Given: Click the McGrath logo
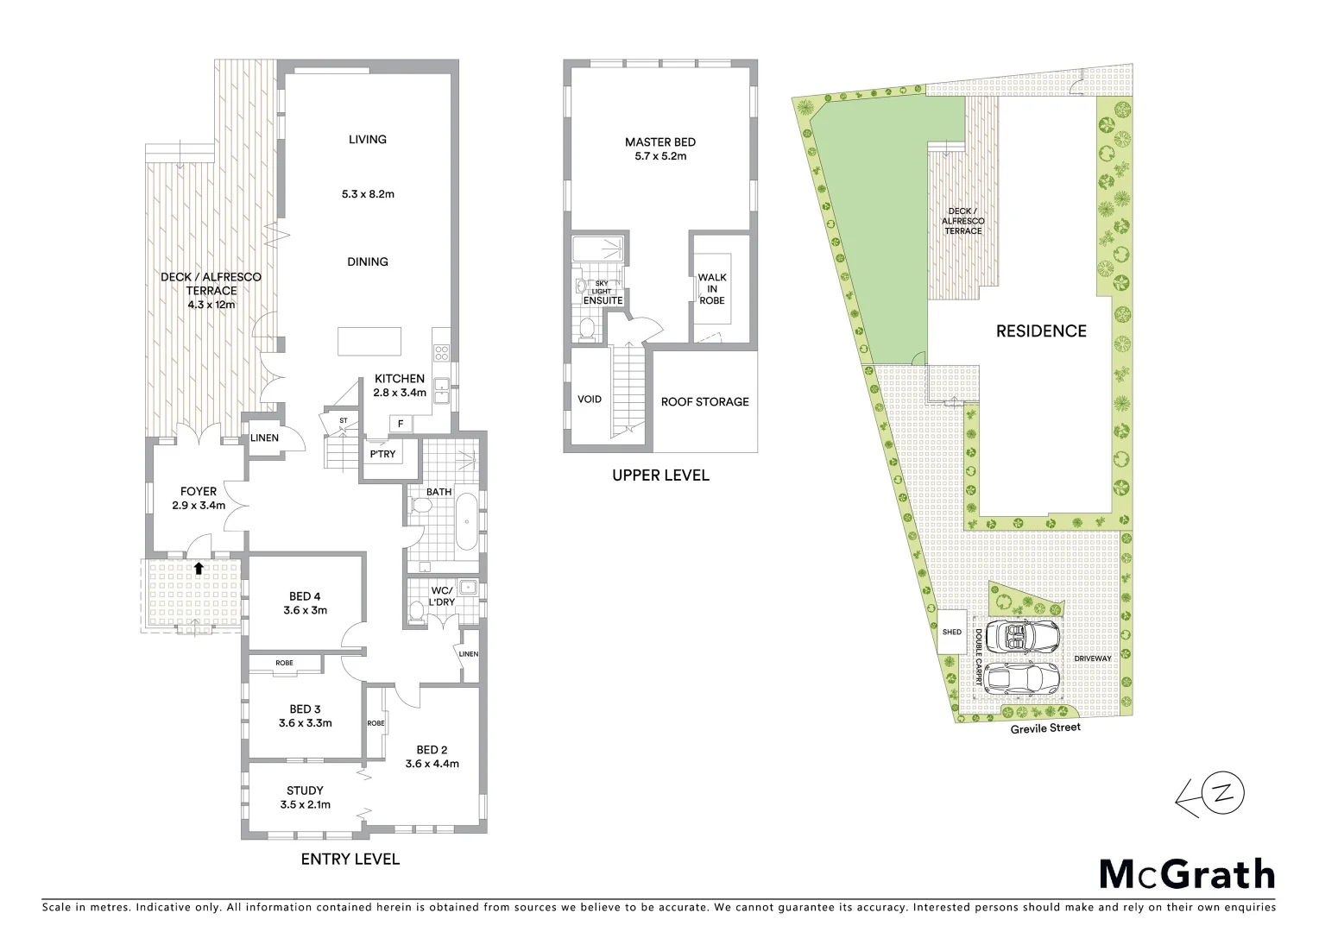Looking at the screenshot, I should pyautogui.click(x=1186, y=874).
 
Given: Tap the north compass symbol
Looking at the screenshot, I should pyautogui.click(x=1221, y=796).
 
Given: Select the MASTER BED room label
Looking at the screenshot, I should pyautogui.click(x=660, y=142).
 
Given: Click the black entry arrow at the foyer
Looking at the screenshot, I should pyautogui.click(x=199, y=568).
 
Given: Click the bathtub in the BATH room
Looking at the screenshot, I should pyautogui.click(x=466, y=521).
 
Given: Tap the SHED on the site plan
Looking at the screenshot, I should pyautogui.click(x=951, y=633).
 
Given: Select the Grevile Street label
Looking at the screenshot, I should pyautogui.click(x=1045, y=727).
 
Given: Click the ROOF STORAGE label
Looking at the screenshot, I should pyautogui.click(x=704, y=402).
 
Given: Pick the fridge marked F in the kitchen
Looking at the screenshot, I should pyautogui.click(x=401, y=424).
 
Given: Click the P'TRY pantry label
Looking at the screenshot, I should pyautogui.click(x=382, y=454).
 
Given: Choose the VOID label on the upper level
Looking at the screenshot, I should pyautogui.click(x=590, y=400).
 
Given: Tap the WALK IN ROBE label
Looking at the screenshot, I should pyautogui.click(x=712, y=289).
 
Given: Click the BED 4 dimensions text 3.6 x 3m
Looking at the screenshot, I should pyautogui.click(x=305, y=610).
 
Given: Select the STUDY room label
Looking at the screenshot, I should pyautogui.click(x=305, y=790).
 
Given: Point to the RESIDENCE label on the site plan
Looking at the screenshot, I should pyautogui.click(x=1041, y=331).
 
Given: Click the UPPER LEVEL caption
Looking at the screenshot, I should pyautogui.click(x=660, y=475).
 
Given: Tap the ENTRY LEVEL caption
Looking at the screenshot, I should pyautogui.click(x=350, y=860).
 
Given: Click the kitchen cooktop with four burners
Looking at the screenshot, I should pyautogui.click(x=441, y=352).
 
